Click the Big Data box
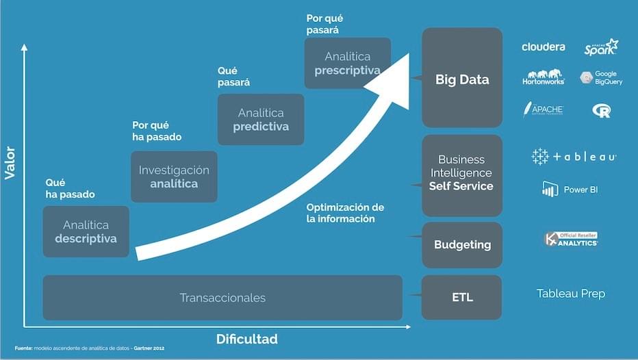point(462,78)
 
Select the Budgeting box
point(462,244)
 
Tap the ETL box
point(462,297)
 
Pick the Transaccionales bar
point(222,298)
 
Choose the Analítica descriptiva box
point(86,231)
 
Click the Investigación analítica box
point(174,177)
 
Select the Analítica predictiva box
point(261,120)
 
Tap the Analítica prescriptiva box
point(347,63)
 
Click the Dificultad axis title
point(247,339)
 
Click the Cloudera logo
point(544,47)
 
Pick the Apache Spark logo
point(601,47)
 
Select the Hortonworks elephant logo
point(544,77)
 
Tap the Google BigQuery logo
point(601,77)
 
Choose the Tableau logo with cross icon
point(574,157)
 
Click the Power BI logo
point(570,189)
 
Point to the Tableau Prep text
point(570,294)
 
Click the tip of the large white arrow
point(408,55)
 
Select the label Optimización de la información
point(345,213)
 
